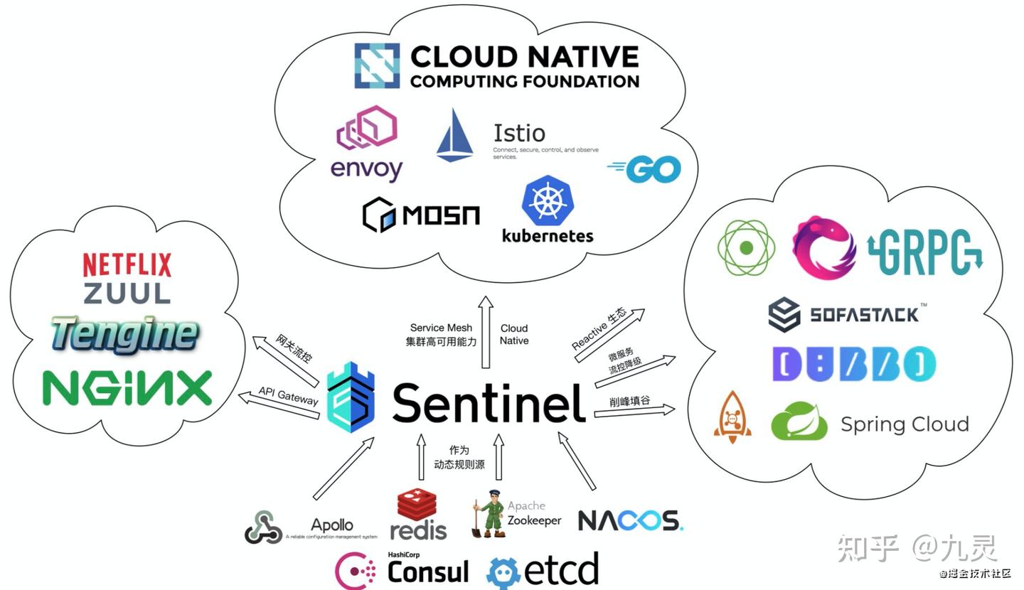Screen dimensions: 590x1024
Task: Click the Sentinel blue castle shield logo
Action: tap(351, 398)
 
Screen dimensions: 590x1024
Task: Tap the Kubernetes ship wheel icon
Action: tap(548, 201)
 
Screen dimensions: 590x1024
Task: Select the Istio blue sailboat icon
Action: tap(454, 135)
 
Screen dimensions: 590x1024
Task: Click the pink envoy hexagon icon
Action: tap(366, 129)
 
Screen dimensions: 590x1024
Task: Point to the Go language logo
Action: tap(644, 169)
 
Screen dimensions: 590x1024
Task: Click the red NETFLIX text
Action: tap(127, 265)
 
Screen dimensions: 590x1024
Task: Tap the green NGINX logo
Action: tap(127, 388)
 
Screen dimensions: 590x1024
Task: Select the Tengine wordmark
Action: tap(124, 335)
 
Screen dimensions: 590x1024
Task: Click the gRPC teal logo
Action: tap(924, 253)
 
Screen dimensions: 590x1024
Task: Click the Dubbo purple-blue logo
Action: tap(853, 365)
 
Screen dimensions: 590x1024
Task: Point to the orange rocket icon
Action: tap(732, 417)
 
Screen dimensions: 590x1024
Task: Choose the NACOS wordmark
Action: tap(630, 521)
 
